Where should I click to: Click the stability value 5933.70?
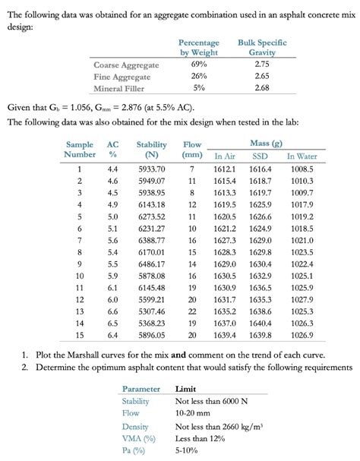point(152,169)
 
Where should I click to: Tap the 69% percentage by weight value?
point(198,65)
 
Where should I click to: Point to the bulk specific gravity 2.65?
point(262,76)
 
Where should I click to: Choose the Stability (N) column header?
point(152,150)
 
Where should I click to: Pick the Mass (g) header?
point(266,144)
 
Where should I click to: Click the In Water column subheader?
point(302,156)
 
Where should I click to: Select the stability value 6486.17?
point(152,263)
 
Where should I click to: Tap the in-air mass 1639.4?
point(226,334)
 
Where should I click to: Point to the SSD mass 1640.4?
point(261,322)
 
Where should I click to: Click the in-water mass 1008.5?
point(302,169)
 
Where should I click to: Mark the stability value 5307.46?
point(152,311)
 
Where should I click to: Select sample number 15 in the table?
point(79,334)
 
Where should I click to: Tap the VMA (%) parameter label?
point(140,438)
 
